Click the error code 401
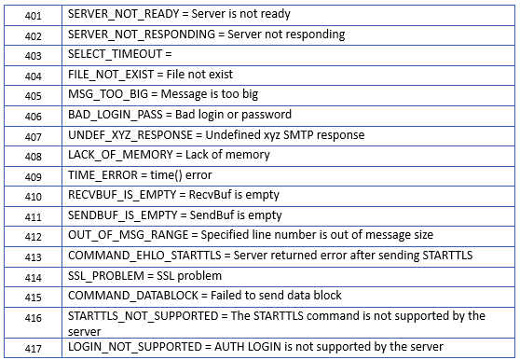click(x=34, y=16)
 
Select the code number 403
click(x=34, y=55)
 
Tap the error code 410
click(x=34, y=197)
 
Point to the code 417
click(x=34, y=349)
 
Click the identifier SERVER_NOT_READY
click(x=123, y=14)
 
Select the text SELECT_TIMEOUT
click(x=115, y=54)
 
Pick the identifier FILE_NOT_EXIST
click(x=111, y=75)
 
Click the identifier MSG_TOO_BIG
click(x=108, y=94)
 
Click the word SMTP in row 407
click(x=297, y=134)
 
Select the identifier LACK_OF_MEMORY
click(x=120, y=155)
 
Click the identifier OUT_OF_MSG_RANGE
click(x=128, y=235)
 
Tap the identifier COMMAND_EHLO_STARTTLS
click(x=144, y=256)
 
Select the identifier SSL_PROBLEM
click(x=106, y=276)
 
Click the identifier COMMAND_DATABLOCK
click(x=133, y=296)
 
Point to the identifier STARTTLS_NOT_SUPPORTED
click(x=143, y=316)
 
